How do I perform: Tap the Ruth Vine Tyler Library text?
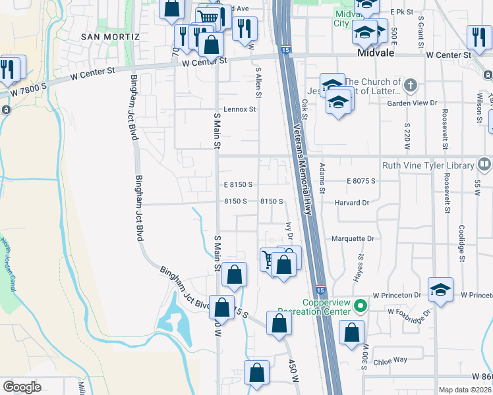(428, 166)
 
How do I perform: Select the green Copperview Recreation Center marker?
(360, 305)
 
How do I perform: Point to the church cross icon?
(410, 85)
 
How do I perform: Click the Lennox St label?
(239, 109)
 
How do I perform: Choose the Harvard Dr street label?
(351, 203)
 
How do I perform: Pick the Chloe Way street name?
(391, 360)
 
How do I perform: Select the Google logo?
(22, 387)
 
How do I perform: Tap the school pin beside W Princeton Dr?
(441, 290)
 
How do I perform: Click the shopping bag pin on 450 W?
(279, 323)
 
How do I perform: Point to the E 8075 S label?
(361, 180)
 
